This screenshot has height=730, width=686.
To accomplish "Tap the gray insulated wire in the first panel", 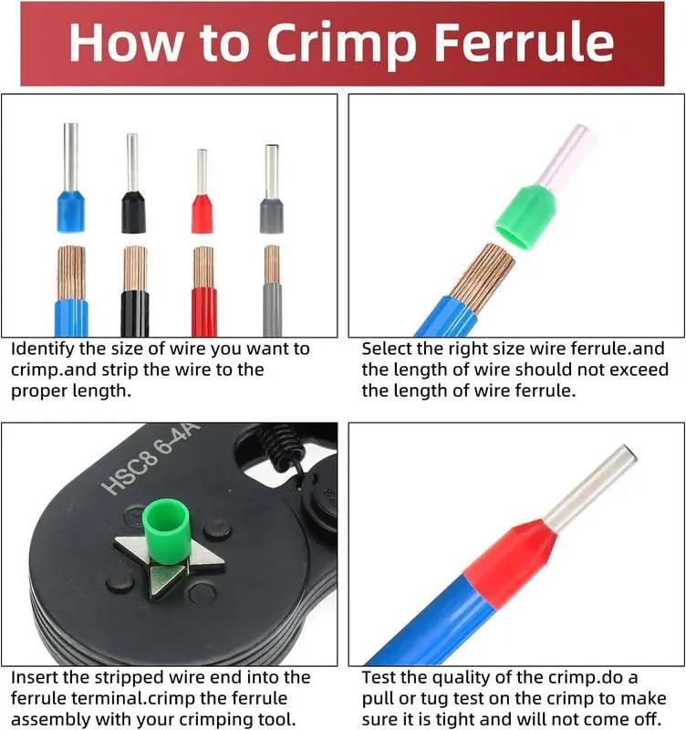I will [272, 310].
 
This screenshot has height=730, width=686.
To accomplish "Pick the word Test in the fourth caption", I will [379, 678].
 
